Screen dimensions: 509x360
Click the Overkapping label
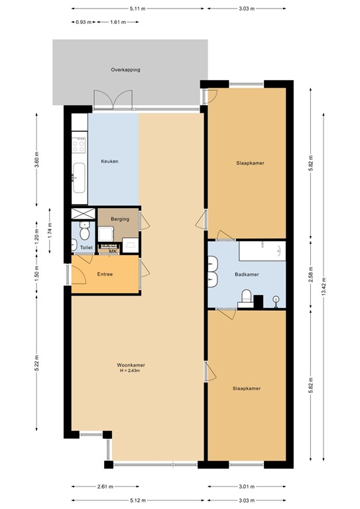click(125, 70)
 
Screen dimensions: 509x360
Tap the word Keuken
click(109, 162)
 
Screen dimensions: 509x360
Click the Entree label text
click(105, 274)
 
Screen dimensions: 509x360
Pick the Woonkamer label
click(131, 365)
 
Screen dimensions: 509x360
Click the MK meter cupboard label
click(113, 251)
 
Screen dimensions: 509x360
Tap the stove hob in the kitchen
click(79, 145)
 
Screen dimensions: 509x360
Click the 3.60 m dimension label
click(37, 160)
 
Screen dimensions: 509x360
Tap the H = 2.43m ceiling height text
click(131, 370)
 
